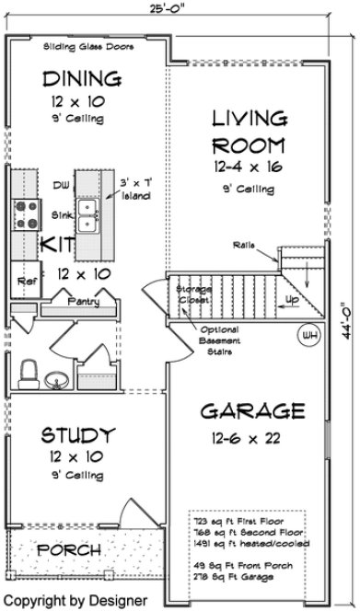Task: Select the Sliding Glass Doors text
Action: (88, 46)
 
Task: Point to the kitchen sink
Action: (89, 218)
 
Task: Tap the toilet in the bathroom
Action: (28, 375)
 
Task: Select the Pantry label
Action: (85, 300)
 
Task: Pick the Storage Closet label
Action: (193, 294)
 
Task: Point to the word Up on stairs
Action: (293, 301)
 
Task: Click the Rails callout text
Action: (244, 244)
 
